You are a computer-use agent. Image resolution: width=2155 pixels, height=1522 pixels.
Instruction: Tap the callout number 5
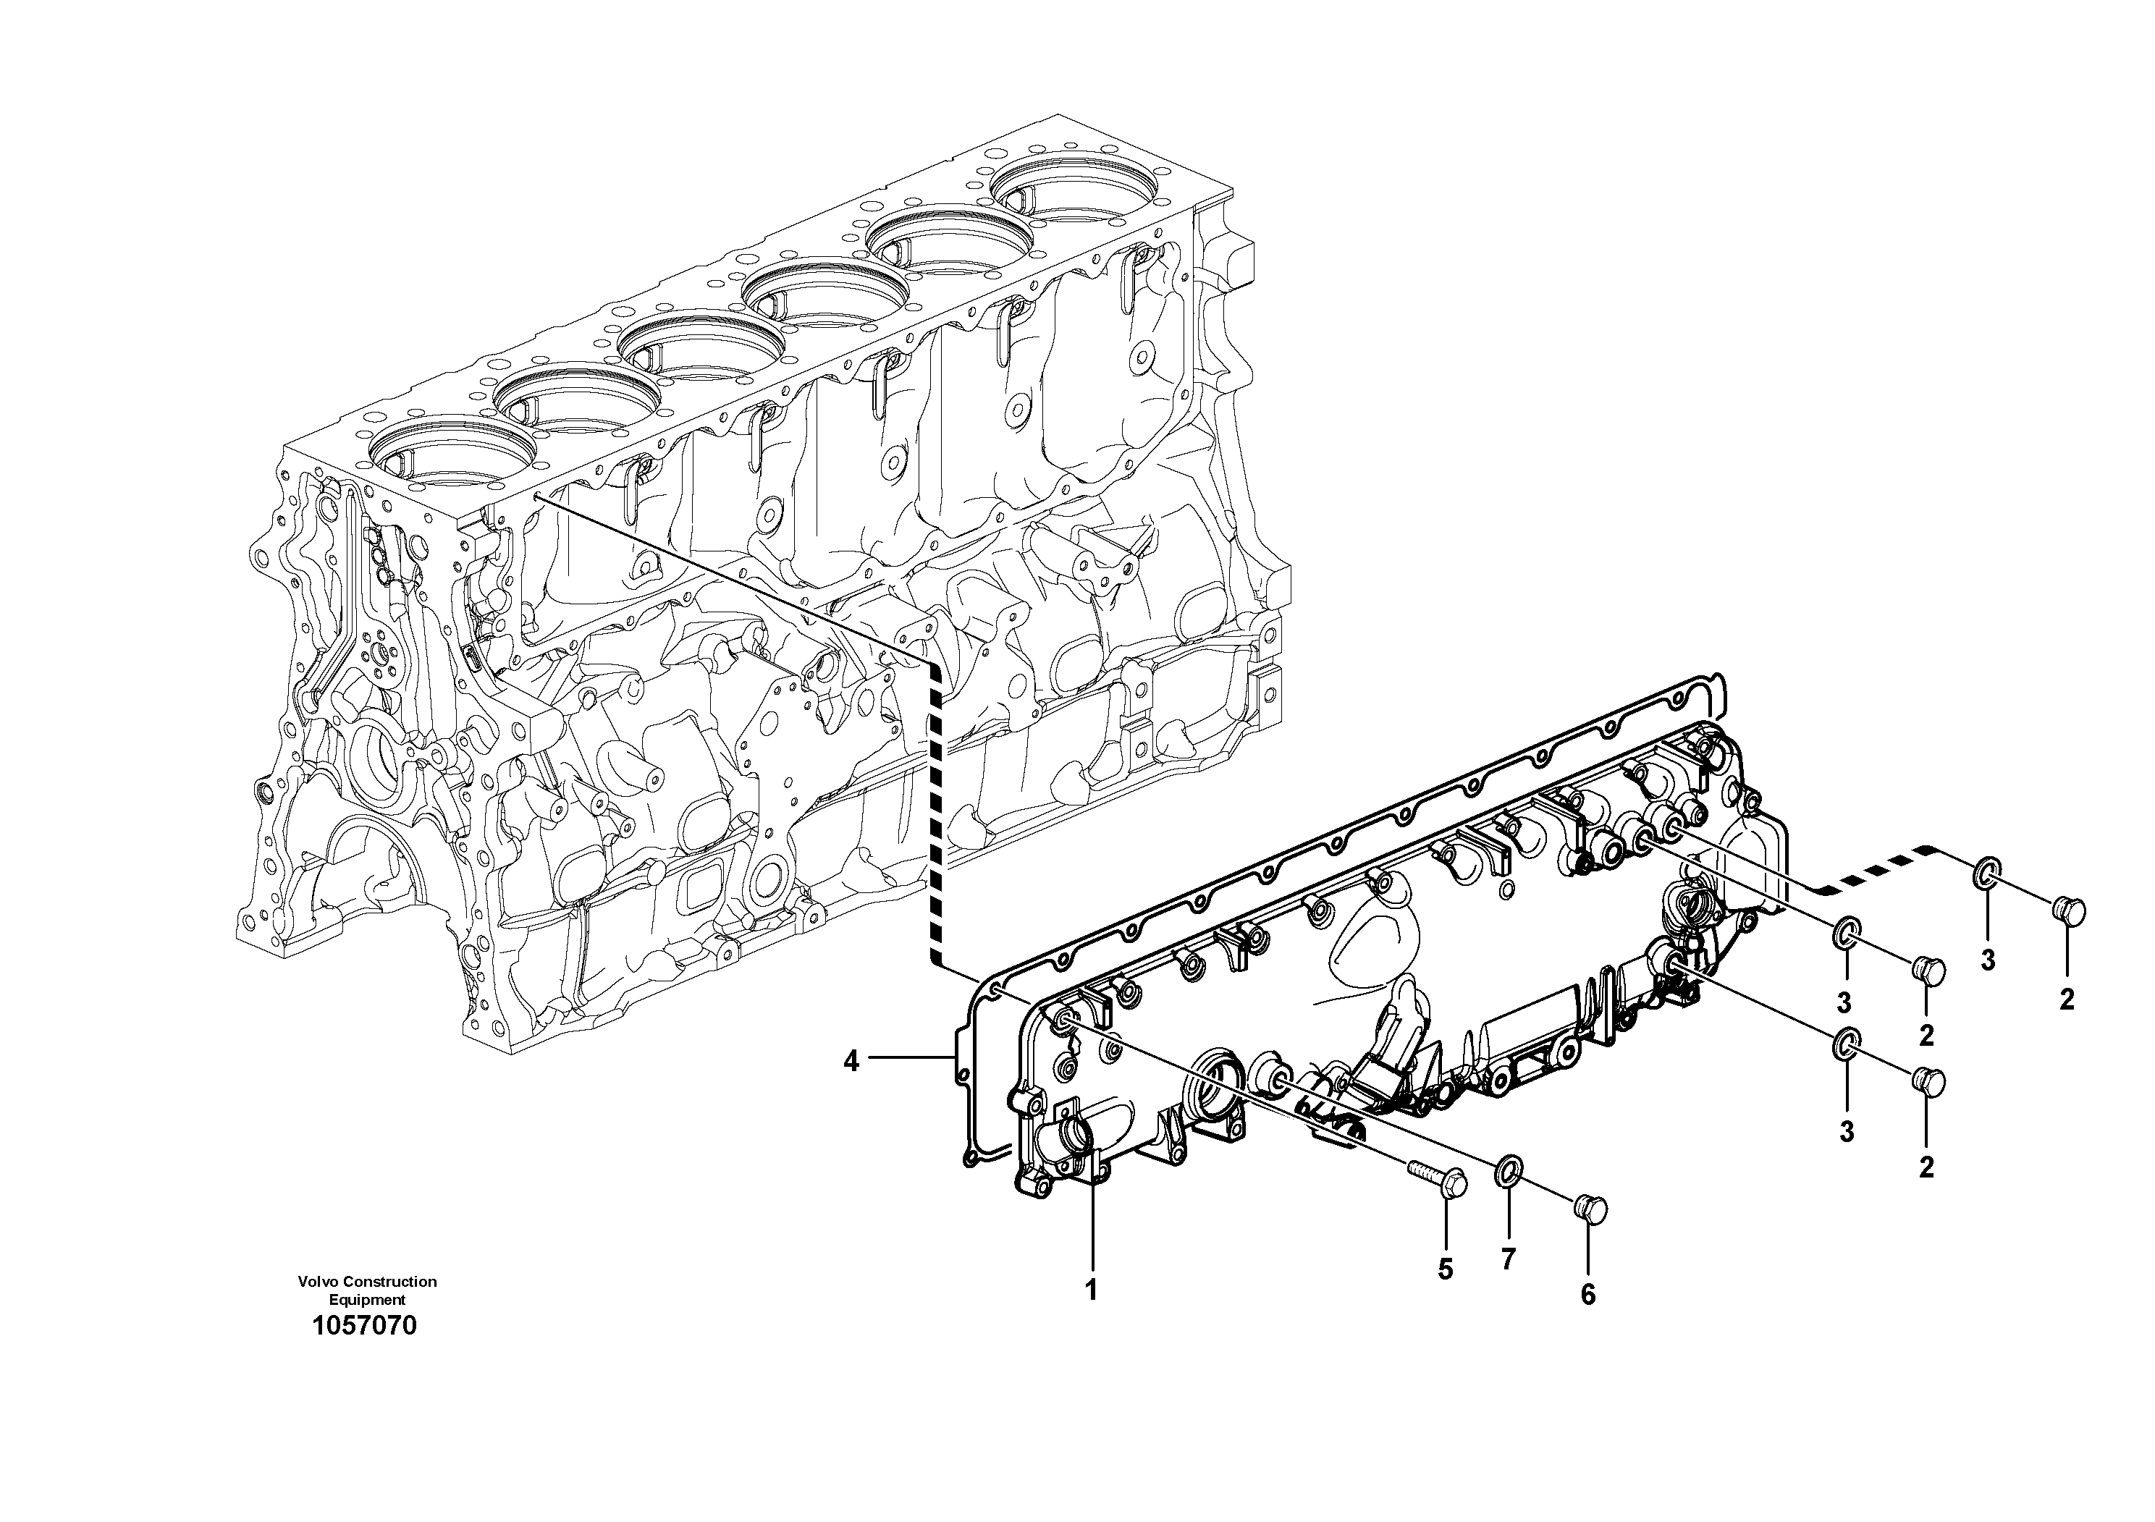click(1446, 1269)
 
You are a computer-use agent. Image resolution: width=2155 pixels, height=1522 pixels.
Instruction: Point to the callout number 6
click(1588, 1295)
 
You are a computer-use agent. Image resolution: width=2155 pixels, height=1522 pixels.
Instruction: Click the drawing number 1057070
click(365, 1326)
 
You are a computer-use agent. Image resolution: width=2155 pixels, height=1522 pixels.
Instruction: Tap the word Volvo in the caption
click(319, 1282)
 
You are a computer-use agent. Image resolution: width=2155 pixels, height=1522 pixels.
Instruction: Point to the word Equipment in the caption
click(367, 1300)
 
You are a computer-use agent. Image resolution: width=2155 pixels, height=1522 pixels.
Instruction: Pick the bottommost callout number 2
click(1926, 1167)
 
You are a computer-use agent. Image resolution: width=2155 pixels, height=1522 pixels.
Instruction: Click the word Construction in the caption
click(389, 1282)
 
